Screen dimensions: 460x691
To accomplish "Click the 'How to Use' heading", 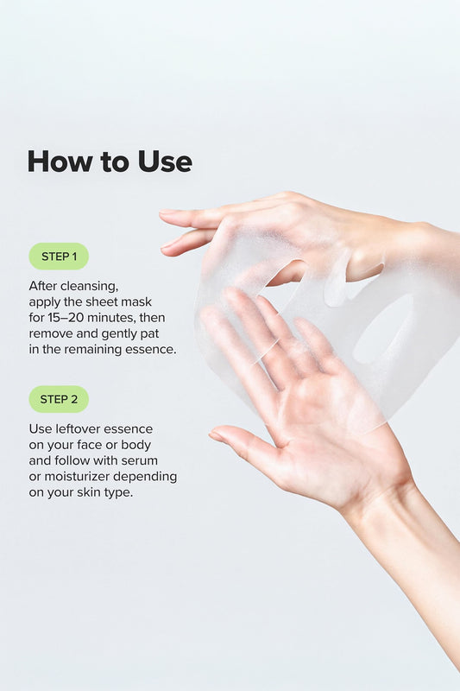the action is pos(110,162).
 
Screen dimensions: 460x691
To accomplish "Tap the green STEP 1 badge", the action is pos(59,256).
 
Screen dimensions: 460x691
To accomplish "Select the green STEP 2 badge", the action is pos(59,399).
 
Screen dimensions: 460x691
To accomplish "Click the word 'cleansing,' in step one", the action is pos(90,287).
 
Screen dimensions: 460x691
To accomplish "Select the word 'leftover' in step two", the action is pos(79,428).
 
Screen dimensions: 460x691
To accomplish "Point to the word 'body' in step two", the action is pos(136,445).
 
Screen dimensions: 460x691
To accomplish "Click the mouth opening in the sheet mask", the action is pos(382,331).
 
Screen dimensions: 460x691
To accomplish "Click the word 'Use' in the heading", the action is pos(165,162).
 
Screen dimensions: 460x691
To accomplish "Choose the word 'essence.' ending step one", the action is pos(151,350).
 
